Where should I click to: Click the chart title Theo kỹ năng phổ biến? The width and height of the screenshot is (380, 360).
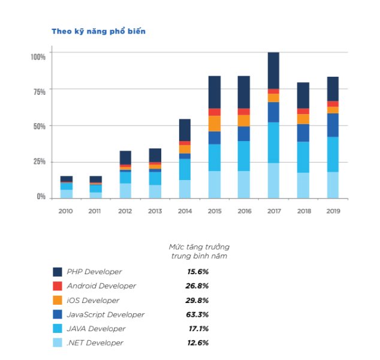(98, 31)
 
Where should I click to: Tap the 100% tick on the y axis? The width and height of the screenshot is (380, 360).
(38, 56)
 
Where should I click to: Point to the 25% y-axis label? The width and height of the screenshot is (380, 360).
(40, 161)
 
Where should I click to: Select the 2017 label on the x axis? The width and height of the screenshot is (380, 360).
(273, 211)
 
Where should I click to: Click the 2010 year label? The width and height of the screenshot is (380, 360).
(66, 211)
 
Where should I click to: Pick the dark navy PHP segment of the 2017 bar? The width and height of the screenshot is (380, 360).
(273, 70)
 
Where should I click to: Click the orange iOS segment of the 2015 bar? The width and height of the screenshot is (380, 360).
(215, 123)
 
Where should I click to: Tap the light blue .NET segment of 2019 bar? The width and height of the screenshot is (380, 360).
(333, 185)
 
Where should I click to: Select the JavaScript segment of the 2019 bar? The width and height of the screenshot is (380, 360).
(333, 125)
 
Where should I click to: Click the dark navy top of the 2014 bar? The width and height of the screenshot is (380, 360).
(185, 130)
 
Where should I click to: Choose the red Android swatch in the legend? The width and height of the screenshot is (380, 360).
(58, 286)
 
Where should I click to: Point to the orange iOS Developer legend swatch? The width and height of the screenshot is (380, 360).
(58, 300)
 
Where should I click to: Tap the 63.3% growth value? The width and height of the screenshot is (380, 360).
(197, 314)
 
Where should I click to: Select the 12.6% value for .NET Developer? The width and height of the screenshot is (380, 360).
(197, 343)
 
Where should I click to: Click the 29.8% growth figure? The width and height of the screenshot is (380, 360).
(197, 300)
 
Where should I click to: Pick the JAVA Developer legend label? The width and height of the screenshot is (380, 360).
(96, 329)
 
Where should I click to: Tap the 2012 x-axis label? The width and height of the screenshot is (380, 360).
(125, 211)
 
